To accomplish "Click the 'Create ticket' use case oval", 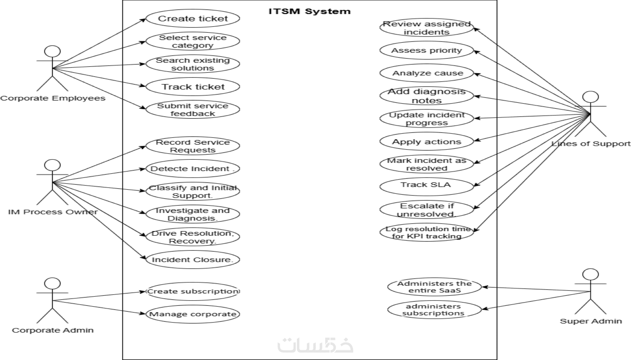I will click(193, 19).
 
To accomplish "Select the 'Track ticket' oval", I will click(193, 87).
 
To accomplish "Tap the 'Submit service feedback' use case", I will click(193, 109).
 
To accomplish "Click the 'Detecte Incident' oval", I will click(193, 169).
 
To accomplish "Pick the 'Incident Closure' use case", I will click(193, 260).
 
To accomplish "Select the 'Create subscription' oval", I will click(193, 291).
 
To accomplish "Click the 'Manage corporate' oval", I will click(193, 314).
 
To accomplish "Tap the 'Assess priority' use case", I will click(426, 50).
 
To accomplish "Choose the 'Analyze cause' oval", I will click(426, 73).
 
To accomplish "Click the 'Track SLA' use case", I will click(426, 185).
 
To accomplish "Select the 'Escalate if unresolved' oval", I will click(426, 210).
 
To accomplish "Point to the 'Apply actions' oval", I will click(426, 141).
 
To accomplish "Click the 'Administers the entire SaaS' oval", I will click(434, 287).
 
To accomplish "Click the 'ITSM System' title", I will click(309, 12).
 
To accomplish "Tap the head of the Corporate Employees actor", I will click(52, 52).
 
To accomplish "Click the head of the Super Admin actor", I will click(590, 275).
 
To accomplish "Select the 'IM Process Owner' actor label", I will click(52, 212).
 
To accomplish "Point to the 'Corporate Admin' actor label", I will click(52, 330).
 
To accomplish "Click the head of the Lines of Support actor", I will click(590, 97).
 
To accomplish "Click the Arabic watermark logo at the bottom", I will click(315, 345).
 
